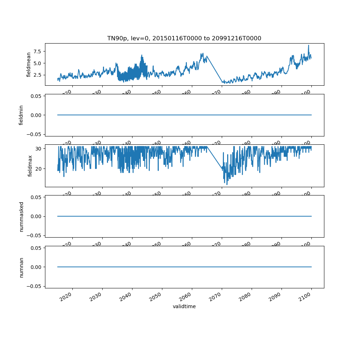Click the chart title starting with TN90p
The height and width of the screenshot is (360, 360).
click(x=184, y=38)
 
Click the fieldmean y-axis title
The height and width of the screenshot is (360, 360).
click(x=29, y=64)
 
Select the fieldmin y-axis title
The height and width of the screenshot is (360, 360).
click(x=21, y=115)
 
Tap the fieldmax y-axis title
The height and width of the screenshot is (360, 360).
click(x=30, y=166)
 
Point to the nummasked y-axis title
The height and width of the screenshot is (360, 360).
click(x=21, y=216)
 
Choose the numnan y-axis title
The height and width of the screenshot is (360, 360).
click(x=21, y=267)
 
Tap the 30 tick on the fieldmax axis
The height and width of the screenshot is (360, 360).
click(x=39, y=149)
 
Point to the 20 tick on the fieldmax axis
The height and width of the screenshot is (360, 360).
click(x=39, y=168)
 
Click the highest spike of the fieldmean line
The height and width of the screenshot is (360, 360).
click(x=309, y=45)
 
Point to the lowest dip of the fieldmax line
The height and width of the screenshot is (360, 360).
click(x=227, y=185)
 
